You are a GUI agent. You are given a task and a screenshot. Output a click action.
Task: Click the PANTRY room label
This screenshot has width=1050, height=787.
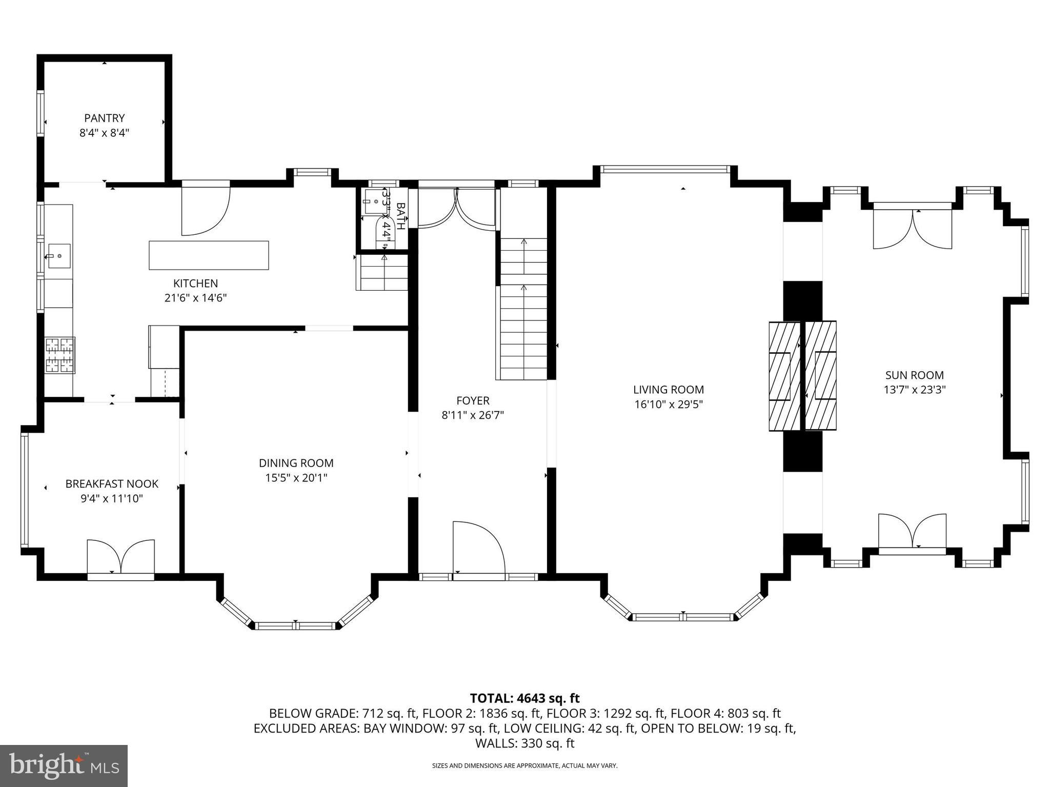click(x=105, y=118)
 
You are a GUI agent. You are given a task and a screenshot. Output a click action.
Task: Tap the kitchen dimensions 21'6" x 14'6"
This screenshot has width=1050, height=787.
click(x=195, y=298)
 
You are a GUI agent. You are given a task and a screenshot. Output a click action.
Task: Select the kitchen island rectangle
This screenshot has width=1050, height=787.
click(x=209, y=255)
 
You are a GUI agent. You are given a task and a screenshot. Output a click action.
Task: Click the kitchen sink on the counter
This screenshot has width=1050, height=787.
click(x=58, y=255)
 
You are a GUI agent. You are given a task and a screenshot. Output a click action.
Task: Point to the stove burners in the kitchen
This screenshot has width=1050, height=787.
click(x=59, y=354)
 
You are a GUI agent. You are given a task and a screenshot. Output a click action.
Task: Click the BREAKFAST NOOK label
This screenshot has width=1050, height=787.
click(x=112, y=483)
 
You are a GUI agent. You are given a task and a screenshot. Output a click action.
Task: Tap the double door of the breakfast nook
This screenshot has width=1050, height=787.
click(x=120, y=557)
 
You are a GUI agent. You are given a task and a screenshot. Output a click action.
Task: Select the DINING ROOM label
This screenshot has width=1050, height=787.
click(x=296, y=463)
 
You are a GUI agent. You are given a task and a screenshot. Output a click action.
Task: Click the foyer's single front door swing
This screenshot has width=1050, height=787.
click(x=478, y=548)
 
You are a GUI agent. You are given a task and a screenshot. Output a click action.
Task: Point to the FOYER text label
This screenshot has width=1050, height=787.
click(x=473, y=400)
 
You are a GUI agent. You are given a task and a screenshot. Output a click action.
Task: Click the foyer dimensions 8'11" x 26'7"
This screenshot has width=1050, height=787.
click(x=473, y=415)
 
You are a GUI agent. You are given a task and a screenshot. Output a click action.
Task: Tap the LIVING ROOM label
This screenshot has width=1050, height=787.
click(x=668, y=390)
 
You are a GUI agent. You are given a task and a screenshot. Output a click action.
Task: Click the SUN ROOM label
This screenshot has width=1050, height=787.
click(x=914, y=375)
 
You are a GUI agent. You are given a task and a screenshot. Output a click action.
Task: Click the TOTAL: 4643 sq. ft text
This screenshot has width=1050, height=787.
click(x=524, y=698)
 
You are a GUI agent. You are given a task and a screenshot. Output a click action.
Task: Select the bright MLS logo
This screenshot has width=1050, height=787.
click(x=64, y=765)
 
